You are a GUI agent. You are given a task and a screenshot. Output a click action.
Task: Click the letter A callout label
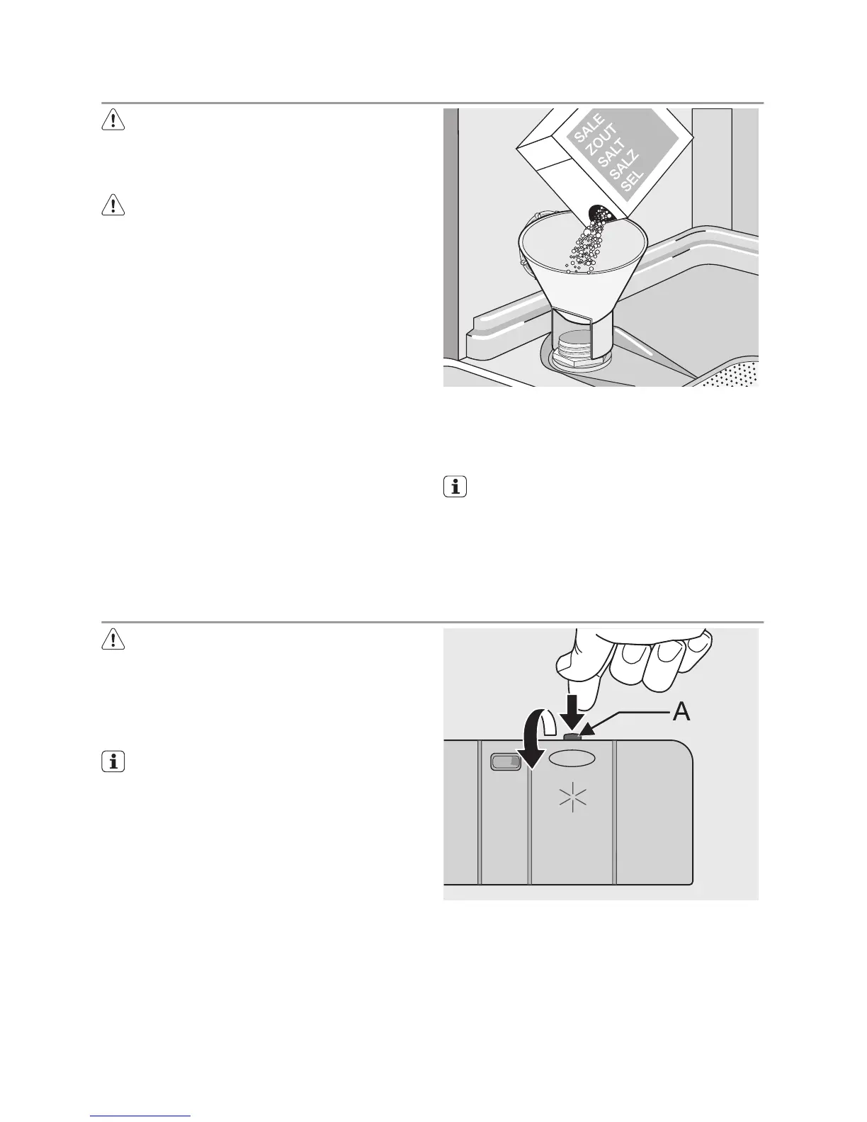pos(680,713)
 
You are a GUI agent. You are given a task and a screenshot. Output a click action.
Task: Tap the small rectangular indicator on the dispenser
pos(505,763)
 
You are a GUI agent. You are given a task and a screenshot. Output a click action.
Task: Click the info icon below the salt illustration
pos(455,488)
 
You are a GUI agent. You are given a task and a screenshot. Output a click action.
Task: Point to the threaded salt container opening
pos(572,351)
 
